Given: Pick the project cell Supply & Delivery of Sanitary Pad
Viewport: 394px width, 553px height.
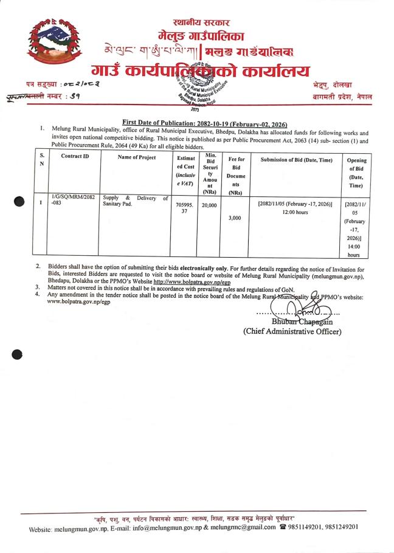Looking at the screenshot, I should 135,201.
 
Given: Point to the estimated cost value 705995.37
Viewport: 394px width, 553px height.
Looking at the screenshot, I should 181,209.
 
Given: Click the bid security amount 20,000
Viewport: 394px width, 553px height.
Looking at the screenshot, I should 209,205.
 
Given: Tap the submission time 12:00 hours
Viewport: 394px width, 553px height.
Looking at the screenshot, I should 295,213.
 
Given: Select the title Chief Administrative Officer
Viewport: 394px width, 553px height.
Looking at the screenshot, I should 292,331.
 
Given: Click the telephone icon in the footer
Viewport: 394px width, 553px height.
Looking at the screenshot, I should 282,527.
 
